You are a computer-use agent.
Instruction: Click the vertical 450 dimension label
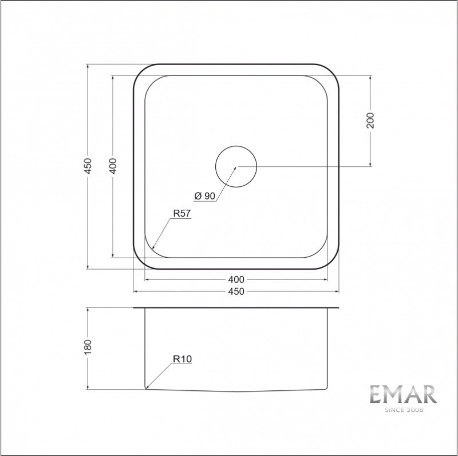(x=88, y=166)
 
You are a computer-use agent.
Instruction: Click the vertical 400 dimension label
(x=113, y=166)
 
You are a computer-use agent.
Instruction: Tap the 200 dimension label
(x=370, y=120)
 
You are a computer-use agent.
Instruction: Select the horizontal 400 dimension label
(x=236, y=279)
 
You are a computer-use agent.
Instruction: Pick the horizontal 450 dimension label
(x=236, y=291)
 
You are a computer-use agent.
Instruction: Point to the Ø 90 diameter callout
(x=205, y=196)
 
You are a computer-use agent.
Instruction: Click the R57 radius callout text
(x=181, y=213)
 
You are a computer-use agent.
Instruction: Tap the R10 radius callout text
(x=182, y=359)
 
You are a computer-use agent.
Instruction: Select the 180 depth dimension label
(x=88, y=347)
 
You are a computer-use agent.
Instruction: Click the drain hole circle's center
(x=236, y=166)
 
